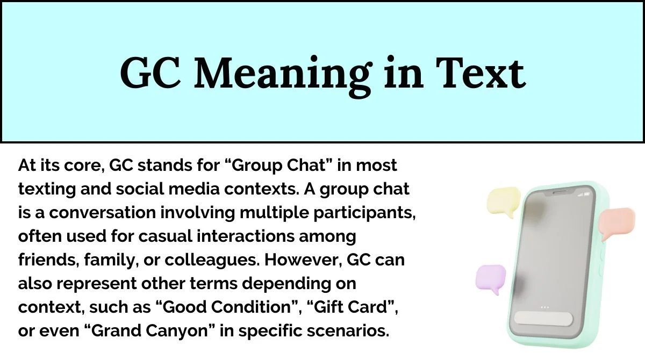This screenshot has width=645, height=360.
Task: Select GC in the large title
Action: tap(150, 72)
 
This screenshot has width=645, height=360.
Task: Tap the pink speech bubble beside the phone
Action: tap(617, 223)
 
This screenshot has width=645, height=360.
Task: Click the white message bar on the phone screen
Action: tap(543, 319)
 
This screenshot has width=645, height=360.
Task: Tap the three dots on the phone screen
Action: tap(545, 307)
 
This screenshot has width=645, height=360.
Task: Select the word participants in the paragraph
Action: tap(364, 213)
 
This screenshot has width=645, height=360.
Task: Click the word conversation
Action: tap(103, 213)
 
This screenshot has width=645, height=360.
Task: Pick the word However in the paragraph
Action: tap(304, 260)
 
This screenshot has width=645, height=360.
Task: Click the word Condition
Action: tap(251, 307)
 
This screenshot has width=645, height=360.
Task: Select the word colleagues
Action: tap(211, 261)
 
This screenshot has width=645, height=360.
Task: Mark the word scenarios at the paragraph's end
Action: tap(348, 330)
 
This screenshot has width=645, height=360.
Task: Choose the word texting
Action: tap(47, 190)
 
